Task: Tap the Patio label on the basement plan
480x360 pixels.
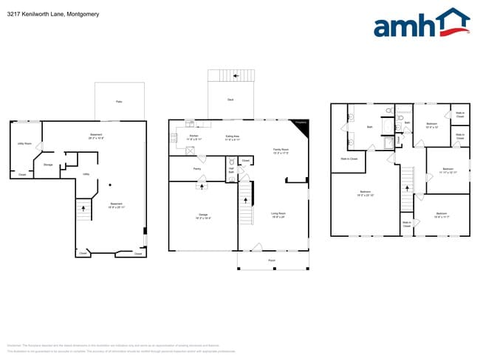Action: (119, 101)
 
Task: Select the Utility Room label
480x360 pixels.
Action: (24, 144)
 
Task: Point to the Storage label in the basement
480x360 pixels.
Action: (48, 165)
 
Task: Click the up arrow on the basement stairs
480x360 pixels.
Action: (83, 209)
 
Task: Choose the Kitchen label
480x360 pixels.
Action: (193, 136)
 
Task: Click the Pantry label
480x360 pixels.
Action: (197, 169)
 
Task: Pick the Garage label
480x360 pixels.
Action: (202, 217)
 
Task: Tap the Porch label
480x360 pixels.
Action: (271, 261)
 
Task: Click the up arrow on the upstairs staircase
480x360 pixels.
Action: (405, 187)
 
